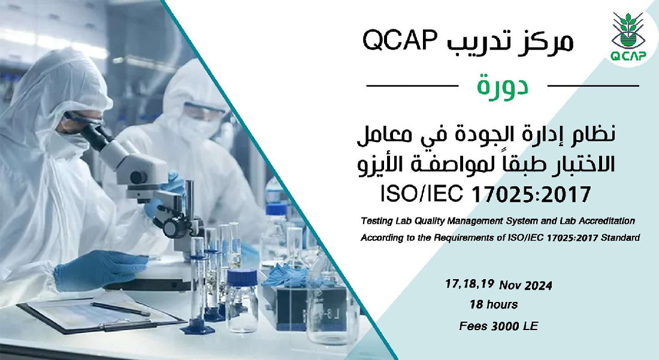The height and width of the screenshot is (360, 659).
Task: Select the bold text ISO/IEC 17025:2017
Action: pos(486,194)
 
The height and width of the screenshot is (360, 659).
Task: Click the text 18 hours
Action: pos(494,305)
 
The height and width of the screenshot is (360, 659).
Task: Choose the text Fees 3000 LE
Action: pos(498,326)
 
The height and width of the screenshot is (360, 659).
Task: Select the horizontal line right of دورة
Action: pos(593,86)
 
